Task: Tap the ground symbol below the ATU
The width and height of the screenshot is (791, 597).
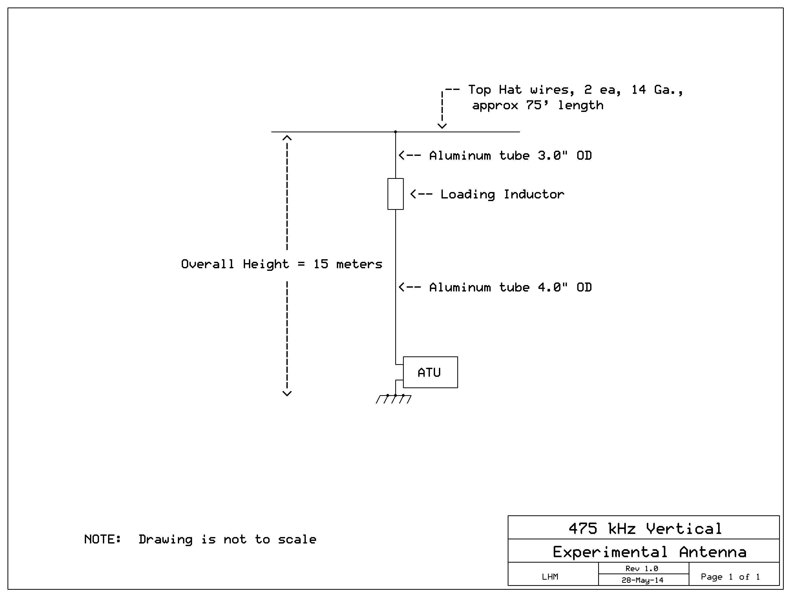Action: pos(394,399)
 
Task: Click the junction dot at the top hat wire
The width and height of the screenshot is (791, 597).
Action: pos(396,132)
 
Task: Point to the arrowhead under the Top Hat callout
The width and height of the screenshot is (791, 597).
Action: pos(442,126)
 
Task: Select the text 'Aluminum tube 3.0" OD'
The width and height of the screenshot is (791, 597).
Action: pos(511,156)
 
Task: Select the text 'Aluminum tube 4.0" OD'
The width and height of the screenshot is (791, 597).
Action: pos(511,287)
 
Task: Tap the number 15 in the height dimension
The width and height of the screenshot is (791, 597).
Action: pos(321,264)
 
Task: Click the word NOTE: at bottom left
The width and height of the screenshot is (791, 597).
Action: pos(103,539)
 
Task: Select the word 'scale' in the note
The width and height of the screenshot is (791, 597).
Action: pos(297,539)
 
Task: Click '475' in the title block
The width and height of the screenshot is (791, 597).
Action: pos(583,528)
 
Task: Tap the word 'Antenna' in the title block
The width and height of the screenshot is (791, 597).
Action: pos(713,552)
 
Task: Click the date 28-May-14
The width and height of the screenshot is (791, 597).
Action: pos(643,580)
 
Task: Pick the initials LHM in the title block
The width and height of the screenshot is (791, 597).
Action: pos(550,577)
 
